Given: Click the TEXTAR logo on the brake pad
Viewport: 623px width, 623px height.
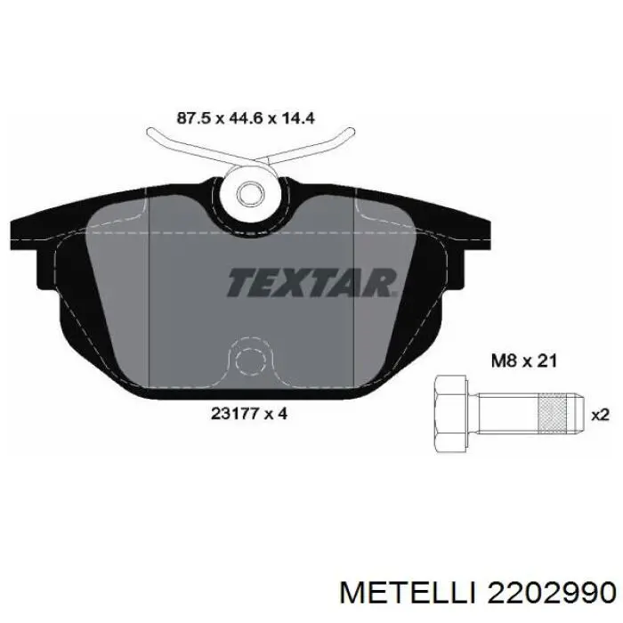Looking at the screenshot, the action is pyautogui.click(x=311, y=282).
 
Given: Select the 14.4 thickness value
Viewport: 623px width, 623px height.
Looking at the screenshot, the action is pyautogui.click(x=298, y=118).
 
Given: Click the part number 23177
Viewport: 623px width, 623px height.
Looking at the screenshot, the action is pyautogui.click(x=233, y=414).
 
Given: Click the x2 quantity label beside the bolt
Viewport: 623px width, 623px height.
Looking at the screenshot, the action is pyautogui.click(x=601, y=416).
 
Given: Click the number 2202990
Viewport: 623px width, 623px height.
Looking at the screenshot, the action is pyautogui.click(x=549, y=595).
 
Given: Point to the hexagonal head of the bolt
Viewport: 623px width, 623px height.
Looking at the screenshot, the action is pyautogui.click(x=451, y=414).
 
